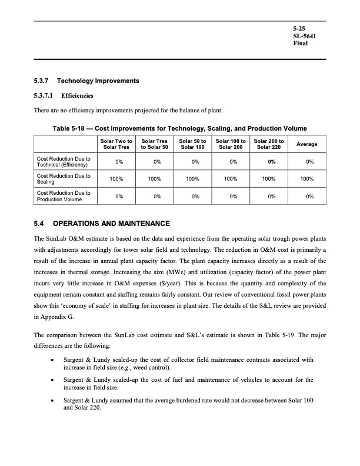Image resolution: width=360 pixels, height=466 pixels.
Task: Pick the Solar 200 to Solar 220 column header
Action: point(269,144)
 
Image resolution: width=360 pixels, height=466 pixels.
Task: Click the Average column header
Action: point(307,144)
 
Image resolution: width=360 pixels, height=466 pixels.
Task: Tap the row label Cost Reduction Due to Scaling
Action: point(63,179)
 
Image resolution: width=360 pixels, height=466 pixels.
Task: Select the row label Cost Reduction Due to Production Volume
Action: point(64,197)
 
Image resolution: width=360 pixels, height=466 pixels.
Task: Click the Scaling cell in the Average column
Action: point(307,179)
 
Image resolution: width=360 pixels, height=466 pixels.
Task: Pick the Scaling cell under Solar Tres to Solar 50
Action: point(155,179)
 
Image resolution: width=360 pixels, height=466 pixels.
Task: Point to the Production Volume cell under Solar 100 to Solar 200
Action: point(231,197)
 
